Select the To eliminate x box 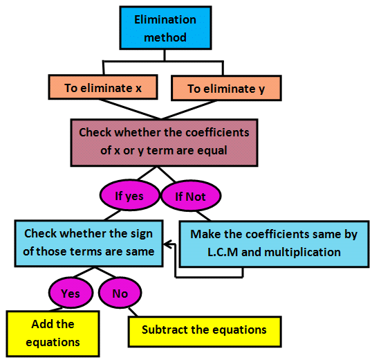(x=102, y=88)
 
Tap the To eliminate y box (x=225, y=89)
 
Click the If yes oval (x=129, y=196)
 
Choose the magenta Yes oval (x=71, y=293)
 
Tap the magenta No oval (x=120, y=294)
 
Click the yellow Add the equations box (x=53, y=333)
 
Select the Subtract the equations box (x=204, y=330)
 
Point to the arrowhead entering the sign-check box (x=168, y=243)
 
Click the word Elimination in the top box (x=165, y=20)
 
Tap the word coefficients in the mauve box (x=218, y=132)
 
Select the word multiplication (x=303, y=252)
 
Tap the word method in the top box (x=165, y=37)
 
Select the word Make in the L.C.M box (x=205, y=234)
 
